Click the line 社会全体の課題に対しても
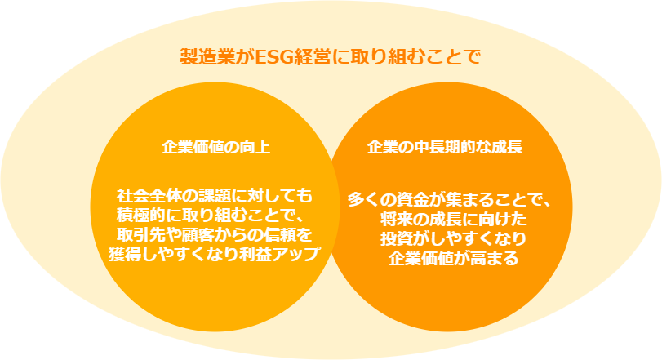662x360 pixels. point(215,196)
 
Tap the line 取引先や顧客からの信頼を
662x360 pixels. point(215,234)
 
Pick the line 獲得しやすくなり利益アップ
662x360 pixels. point(215,253)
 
